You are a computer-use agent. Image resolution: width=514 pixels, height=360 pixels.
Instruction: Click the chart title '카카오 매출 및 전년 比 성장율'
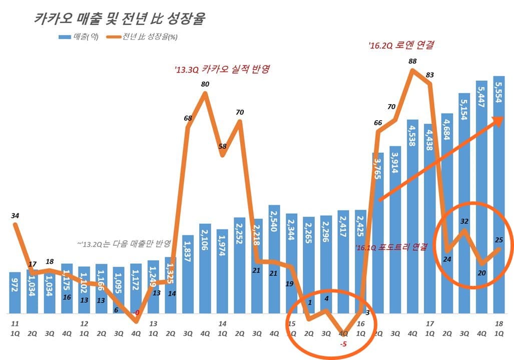pyautogui.click(x=119, y=19)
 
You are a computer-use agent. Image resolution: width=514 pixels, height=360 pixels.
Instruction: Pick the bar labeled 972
pyautogui.click(x=16, y=293)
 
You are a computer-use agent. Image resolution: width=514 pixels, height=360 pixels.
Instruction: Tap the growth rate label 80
pyautogui.click(x=205, y=84)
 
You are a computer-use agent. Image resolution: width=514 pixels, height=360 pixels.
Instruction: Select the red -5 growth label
pyautogui.click(x=343, y=343)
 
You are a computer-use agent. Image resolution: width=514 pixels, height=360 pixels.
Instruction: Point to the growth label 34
pyautogui.click(x=15, y=216)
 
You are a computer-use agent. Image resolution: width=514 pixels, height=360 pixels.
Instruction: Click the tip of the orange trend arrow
pyautogui.click(x=502, y=118)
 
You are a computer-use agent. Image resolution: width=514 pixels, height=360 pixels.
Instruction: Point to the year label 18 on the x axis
pyautogui.click(x=498, y=323)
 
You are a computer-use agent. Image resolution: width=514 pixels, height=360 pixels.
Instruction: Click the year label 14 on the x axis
pyautogui.click(x=222, y=323)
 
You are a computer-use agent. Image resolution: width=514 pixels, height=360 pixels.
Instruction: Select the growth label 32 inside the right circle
pyautogui.click(x=464, y=221)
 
